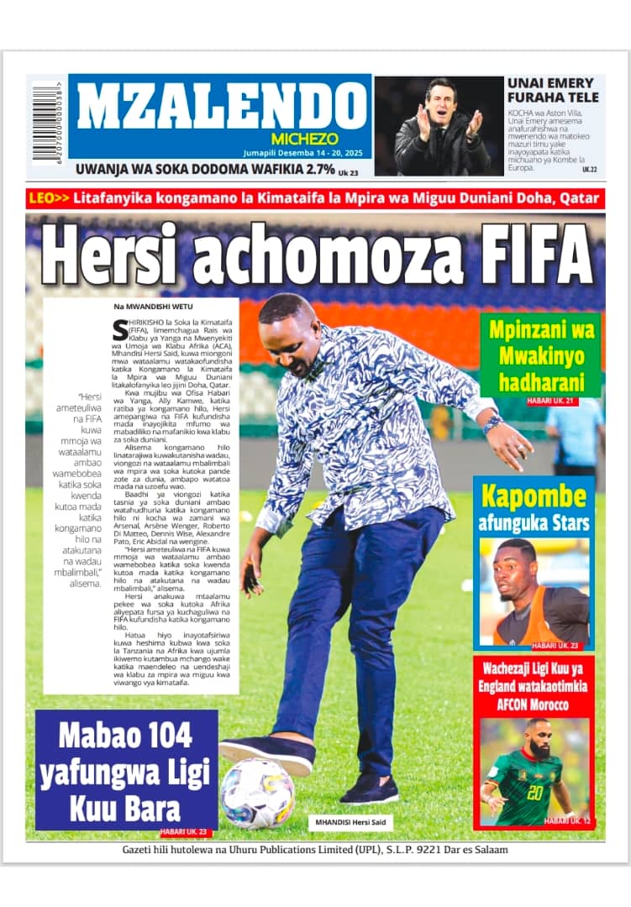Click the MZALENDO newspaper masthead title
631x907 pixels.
(x=220, y=107)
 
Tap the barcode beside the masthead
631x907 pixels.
(x=48, y=123)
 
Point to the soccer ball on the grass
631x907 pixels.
(x=257, y=793)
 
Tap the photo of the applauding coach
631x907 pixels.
(x=439, y=126)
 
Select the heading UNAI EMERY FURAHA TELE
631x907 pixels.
(x=553, y=90)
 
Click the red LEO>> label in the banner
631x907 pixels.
(x=49, y=199)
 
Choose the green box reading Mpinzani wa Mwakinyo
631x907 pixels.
(x=540, y=355)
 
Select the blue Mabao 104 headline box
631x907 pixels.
(x=126, y=769)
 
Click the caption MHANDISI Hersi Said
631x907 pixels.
(x=351, y=821)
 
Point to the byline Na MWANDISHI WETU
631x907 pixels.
(x=147, y=307)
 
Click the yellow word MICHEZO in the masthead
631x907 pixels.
(x=304, y=139)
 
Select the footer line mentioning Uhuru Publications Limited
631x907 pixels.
(x=315, y=850)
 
